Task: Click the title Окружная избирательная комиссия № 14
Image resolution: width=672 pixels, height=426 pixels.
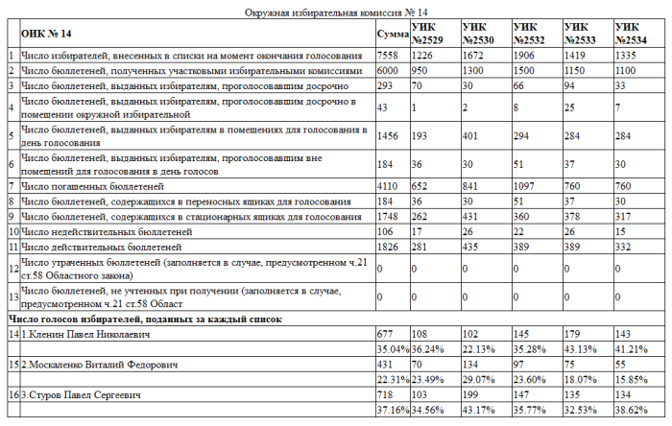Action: tap(336, 11)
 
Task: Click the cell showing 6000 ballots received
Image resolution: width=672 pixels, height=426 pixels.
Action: tap(388, 71)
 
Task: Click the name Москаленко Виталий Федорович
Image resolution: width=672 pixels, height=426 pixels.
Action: tap(93, 365)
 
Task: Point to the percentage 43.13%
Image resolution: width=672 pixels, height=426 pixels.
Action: tap(582, 348)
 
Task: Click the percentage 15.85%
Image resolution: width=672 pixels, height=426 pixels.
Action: tap(633, 379)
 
